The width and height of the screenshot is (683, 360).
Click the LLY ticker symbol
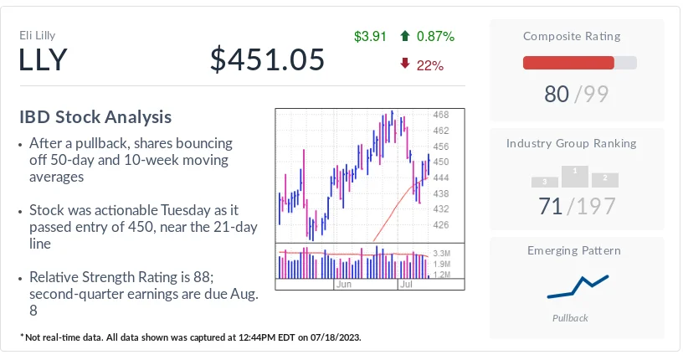tap(44, 60)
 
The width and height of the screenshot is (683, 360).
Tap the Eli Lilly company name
tap(38, 35)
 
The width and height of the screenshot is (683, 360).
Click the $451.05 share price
tap(267, 60)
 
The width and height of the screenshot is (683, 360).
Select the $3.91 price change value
tap(370, 36)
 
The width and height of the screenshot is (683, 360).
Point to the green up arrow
tap(406, 36)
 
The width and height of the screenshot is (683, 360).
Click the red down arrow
tap(406, 64)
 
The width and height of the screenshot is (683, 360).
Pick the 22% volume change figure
tap(429, 64)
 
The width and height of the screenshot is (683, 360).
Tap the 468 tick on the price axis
tap(440, 115)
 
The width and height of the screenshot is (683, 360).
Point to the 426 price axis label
tap(440, 224)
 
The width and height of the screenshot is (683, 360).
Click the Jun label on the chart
tap(343, 285)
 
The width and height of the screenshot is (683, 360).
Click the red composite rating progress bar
tap(568, 63)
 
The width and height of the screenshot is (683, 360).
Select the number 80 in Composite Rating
tap(557, 95)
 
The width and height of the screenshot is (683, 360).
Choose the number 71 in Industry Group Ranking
tap(550, 206)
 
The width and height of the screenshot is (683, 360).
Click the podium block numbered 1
tap(573, 175)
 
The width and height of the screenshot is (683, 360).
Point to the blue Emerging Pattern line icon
tap(577, 286)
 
